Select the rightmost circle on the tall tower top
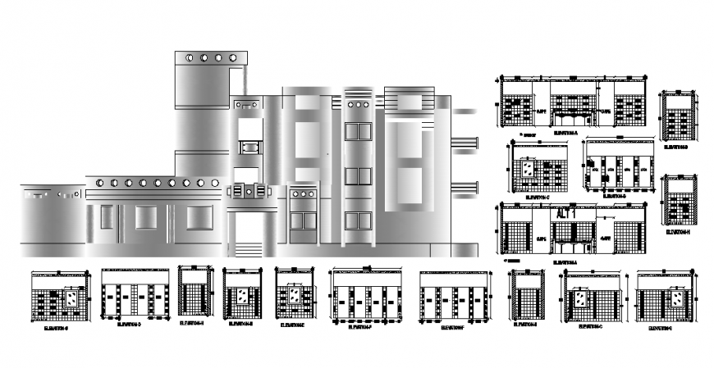[x=232, y=58]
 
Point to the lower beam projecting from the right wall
[x=465, y=188]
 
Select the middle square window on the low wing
[x=146, y=217]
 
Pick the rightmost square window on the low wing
[x=198, y=217]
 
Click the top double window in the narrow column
[x=358, y=131]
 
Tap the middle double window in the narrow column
[x=358, y=176]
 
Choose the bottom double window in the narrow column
[x=358, y=220]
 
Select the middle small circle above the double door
[x=303, y=195]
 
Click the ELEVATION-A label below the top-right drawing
[x=565, y=131]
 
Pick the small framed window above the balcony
[x=248, y=148]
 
